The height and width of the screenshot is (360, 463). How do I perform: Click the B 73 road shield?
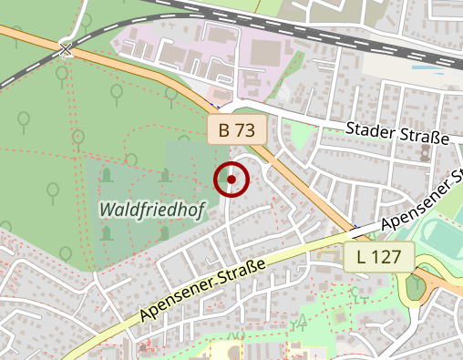click(x=236, y=130)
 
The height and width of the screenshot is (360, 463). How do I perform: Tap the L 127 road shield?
click(x=379, y=257)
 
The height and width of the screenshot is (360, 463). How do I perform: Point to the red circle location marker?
click(x=231, y=180)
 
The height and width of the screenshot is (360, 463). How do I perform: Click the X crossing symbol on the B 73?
click(x=66, y=49)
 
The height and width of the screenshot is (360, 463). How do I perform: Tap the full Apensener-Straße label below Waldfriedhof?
click(x=203, y=290)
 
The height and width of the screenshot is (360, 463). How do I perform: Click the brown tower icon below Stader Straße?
click(x=425, y=152)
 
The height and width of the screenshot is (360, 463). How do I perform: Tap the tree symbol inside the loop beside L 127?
click(x=416, y=283)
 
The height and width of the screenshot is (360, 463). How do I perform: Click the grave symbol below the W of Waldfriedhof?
click(x=107, y=233)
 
